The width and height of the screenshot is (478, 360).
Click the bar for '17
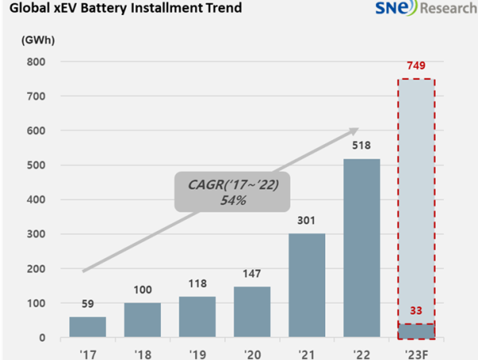coord(88,327)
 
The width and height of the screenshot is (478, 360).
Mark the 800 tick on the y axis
coord(35,61)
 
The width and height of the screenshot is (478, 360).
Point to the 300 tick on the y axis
coord(35,234)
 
